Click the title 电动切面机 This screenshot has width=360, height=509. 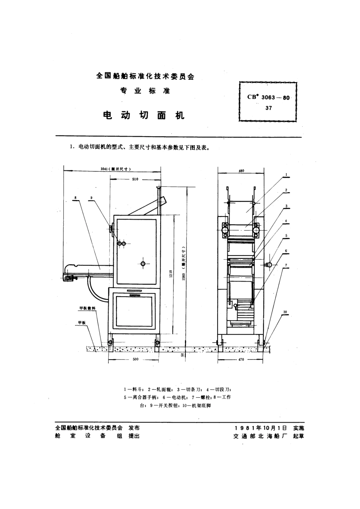144,115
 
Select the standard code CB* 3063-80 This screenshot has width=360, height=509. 268,97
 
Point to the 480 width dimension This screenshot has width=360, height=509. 241,171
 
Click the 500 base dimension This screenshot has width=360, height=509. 136,359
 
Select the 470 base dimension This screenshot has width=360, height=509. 241,359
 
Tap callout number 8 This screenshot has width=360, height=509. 76,197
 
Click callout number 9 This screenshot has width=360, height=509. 91,197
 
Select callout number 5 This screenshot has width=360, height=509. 286,235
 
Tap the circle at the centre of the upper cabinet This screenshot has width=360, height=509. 142,264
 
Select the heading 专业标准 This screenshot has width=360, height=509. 145,91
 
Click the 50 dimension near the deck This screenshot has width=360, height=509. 182,355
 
